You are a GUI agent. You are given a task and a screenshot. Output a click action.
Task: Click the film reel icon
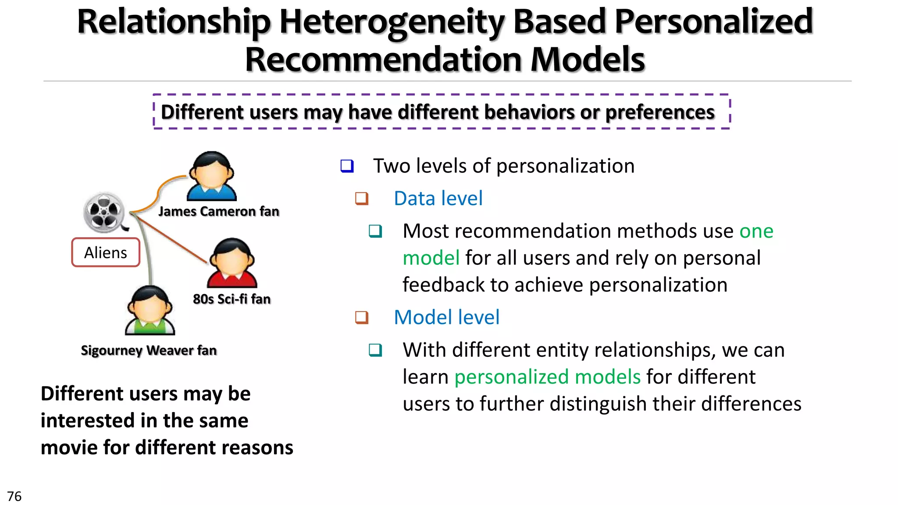(x=104, y=213)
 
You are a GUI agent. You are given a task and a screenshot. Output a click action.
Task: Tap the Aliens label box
(x=106, y=252)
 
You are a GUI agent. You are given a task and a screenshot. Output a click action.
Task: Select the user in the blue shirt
(x=212, y=177)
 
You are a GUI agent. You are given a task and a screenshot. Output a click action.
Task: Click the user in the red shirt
(x=232, y=263)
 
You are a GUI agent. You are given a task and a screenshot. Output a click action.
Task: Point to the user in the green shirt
(x=150, y=311)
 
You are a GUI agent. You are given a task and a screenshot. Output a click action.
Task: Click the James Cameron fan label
(x=218, y=211)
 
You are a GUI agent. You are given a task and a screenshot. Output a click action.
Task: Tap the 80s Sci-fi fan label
(x=232, y=299)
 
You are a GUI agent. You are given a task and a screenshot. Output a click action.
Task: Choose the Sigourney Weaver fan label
(x=149, y=350)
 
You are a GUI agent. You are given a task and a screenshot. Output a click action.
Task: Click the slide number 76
(x=14, y=496)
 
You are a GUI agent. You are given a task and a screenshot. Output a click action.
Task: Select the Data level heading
(x=438, y=198)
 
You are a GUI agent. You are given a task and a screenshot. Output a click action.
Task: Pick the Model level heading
(x=446, y=317)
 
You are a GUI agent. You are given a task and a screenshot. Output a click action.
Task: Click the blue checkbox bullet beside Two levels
(x=347, y=166)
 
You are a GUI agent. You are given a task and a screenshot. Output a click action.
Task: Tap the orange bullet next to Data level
(x=362, y=199)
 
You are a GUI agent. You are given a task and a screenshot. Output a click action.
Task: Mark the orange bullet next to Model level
(x=362, y=317)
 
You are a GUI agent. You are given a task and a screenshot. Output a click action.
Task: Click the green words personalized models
(x=547, y=377)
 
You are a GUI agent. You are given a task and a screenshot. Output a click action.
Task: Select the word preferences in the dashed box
(x=660, y=112)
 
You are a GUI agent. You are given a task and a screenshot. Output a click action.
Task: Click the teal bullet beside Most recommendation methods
(x=375, y=231)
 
